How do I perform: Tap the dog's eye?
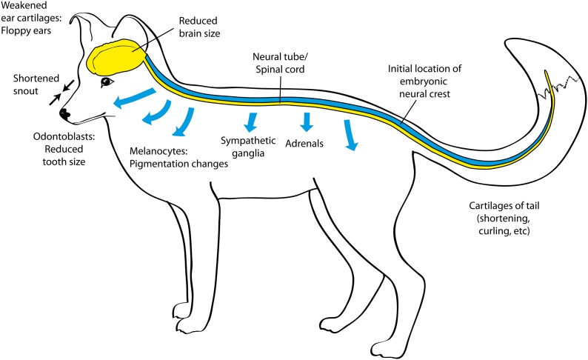click(x=107, y=81)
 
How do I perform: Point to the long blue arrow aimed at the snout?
click(x=133, y=98)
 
